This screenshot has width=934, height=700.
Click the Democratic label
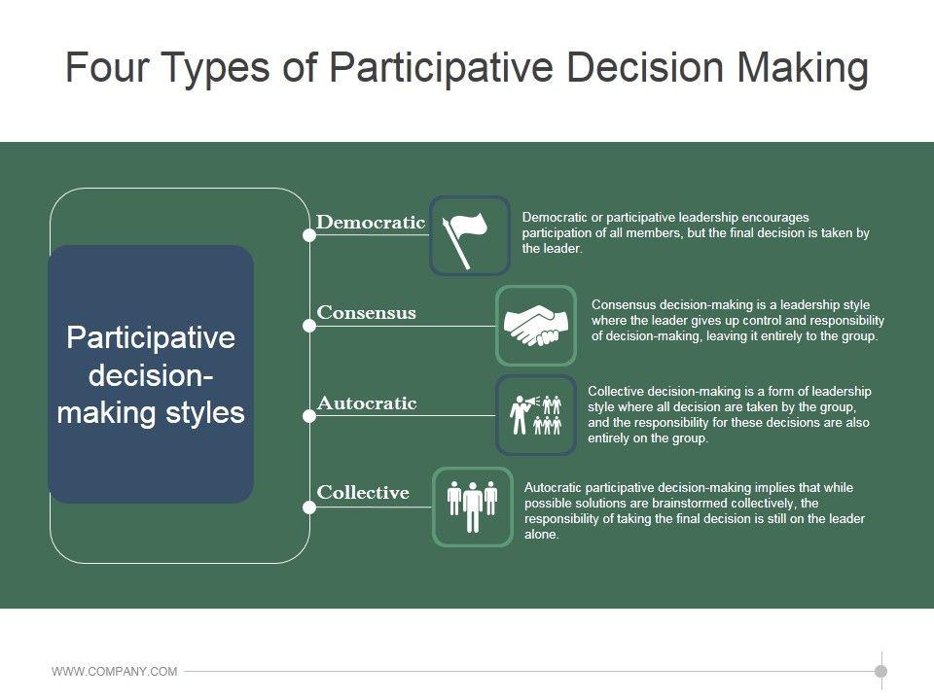pos(371,222)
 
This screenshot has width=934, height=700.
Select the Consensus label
pos(367,312)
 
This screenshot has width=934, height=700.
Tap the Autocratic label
pos(367,402)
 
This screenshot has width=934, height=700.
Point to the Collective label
pos(363,492)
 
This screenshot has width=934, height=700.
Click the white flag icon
pos(465,240)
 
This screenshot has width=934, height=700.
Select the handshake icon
pos(535,325)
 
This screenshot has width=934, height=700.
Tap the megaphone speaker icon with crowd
pos(535,415)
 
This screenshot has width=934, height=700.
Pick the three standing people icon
pos(473,506)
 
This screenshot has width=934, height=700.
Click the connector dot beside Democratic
pos(309,235)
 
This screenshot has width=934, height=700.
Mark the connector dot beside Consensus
pos(309,326)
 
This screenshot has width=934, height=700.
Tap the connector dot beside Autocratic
pos(309,416)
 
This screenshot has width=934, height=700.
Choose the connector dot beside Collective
pos(309,507)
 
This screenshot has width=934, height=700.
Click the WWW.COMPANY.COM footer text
pos(115,672)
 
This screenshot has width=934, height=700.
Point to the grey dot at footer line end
pos(881,672)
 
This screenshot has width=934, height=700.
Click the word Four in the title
pos(107,67)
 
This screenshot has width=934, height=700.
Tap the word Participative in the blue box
pos(152,338)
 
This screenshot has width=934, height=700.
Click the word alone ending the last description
pos(541,534)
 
